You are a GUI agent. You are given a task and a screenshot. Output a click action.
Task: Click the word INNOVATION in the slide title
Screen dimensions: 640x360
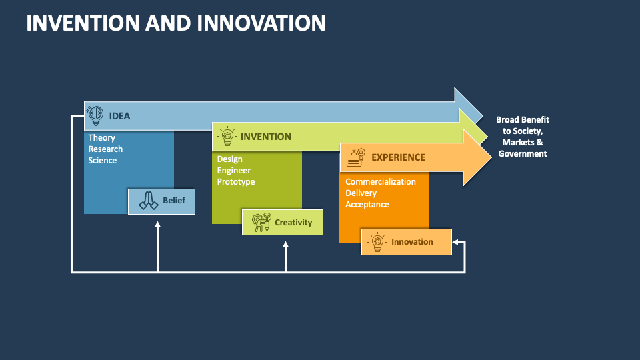coord(261,23)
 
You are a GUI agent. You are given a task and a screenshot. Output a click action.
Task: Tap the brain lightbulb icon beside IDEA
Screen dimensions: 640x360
coord(95,115)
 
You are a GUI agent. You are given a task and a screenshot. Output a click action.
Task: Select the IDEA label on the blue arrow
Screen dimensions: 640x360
coord(119,116)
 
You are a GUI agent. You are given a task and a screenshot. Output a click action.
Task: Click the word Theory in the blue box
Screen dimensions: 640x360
coord(101,137)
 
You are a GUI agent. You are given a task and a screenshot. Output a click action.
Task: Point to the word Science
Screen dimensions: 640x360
coord(103,161)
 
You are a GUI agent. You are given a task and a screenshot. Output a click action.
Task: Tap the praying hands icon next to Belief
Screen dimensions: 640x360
coord(149,201)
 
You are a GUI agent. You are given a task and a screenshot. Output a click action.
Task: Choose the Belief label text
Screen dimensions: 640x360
coord(174,201)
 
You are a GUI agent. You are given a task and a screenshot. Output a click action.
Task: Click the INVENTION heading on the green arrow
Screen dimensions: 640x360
coord(266,137)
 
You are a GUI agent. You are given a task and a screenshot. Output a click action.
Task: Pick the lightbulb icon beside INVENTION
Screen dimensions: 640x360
coord(227,136)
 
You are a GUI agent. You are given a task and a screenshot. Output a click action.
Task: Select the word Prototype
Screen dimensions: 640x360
coord(236,181)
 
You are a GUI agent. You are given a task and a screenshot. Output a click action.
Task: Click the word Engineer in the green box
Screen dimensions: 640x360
coord(234,170)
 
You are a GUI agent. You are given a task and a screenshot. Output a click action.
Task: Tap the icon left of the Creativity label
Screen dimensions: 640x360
coord(261,222)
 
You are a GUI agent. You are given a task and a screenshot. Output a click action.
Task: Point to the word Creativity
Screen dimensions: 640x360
coord(293,223)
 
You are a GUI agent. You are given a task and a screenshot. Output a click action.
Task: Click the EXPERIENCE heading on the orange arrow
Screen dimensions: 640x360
coord(399,157)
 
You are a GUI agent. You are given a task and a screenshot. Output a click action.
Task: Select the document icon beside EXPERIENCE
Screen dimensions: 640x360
coord(355,157)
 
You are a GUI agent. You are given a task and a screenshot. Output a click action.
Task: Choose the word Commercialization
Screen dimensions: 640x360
coord(381,181)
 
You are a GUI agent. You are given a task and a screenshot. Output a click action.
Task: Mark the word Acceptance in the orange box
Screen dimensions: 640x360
coord(367,205)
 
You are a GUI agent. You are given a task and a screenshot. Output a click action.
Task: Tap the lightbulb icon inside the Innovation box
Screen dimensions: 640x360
coord(377,242)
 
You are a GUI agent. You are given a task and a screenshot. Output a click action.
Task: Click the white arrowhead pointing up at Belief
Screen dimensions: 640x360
coord(157,224)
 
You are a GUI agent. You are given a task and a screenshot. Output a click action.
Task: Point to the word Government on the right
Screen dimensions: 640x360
coord(523,154)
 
